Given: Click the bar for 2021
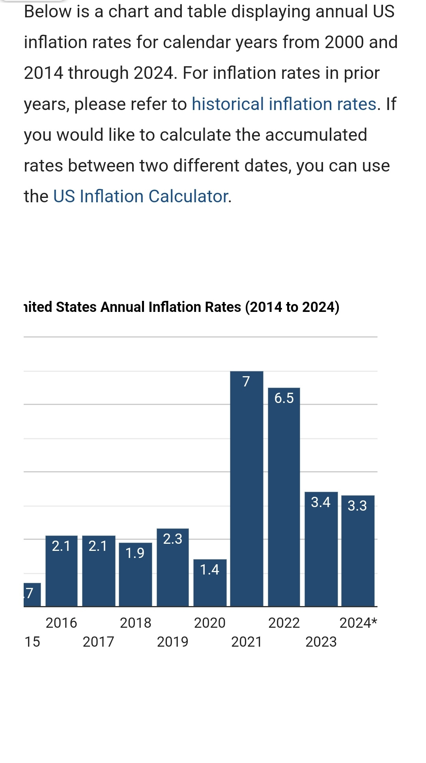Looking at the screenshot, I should pyautogui.click(x=247, y=489).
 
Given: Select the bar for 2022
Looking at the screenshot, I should pyautogui.click(x=284, y=497).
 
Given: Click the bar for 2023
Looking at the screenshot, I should pyautogui.click(x=321, y=552).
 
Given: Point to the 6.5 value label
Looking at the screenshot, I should pyautogui.click(x=284, y=398).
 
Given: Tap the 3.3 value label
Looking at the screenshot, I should pyautogui.click(x=357, y=506).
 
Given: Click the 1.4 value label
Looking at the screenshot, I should pyautogui.click(x=209, y=569).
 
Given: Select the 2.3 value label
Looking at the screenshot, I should pyautogui.click(x=173, y=539).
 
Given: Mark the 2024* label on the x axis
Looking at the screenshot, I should pyautogui.click(x=358, y=623).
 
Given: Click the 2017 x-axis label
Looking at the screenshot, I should pyautogui.click(x=98, y=642).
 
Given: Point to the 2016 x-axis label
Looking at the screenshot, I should pyautogui.click(x=62, y=623).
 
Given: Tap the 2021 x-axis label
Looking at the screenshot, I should pyautogui.click(x=247, y=642).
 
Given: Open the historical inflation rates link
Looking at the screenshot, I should pyautogui.click(x=284, y=104).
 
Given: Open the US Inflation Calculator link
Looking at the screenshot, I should pyautogui.click(x=141, y=196).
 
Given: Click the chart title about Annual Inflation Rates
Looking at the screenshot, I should pyautogui.click(x=181, y=307).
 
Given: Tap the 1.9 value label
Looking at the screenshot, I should pyautogui.click(x=135, y=553).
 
